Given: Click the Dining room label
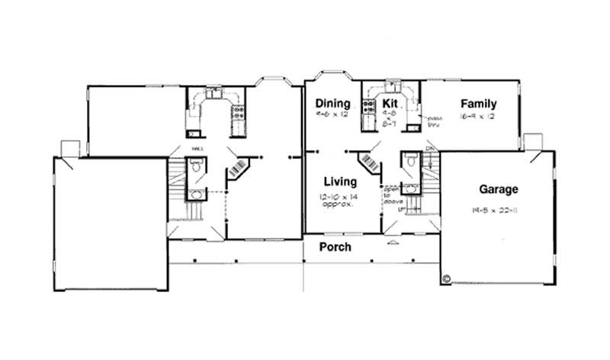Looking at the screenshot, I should (332, 104).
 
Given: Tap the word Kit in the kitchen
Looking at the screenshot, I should (390, 104).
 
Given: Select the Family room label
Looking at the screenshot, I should (478, 104).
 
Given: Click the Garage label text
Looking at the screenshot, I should (499, 189).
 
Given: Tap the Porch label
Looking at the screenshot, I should (335, 247).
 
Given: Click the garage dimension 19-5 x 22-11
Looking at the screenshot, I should (495, 208).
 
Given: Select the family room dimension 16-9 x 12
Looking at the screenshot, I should (477, 117).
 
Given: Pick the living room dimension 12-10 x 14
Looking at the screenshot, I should (339, 197).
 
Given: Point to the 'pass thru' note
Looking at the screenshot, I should (435, 121).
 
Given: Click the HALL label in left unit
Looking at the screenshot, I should (197, 149).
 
